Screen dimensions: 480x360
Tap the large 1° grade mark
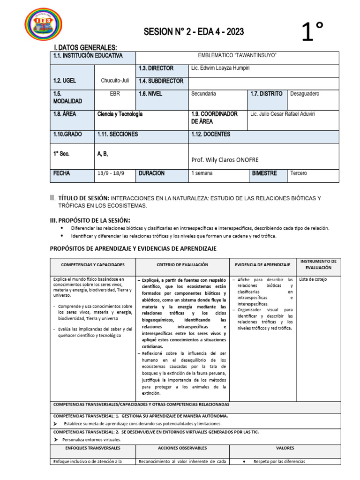click(x=313, y=33)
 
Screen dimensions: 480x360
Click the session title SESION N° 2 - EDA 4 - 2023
click(x=194, y=31)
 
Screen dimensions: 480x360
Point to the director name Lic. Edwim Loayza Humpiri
click(x=220, y=68)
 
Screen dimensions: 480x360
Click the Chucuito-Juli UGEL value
click(x=115, y=81)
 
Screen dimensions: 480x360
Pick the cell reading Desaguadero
click(x=305, y=94)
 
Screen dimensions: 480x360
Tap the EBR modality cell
click(x=115, y=94)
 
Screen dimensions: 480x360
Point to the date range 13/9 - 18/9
click(x=112, y=173)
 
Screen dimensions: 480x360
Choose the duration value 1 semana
click(x=202, y=173)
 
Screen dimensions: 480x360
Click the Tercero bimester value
click(x=299, y=173)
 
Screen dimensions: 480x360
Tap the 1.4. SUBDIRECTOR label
click(x=161, y=81)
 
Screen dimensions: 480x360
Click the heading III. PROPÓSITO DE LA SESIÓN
click(x=90, y=220)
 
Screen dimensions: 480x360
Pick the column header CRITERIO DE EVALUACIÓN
click(x=182, y=265)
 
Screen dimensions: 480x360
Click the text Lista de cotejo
click(x=313, y=279)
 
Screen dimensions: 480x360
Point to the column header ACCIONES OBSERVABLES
click(x=182, y=448)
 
